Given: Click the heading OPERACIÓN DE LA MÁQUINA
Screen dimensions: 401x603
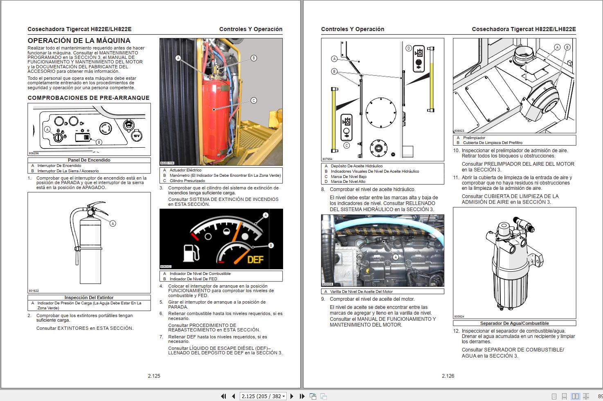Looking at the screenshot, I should (79, 41).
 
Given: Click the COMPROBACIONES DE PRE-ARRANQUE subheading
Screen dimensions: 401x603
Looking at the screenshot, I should (88, 98).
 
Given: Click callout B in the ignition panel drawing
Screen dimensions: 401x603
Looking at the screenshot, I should (99, 142).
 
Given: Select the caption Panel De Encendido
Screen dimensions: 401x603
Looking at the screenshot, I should (89, 160).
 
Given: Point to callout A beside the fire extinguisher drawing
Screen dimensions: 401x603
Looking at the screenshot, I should (113, 223).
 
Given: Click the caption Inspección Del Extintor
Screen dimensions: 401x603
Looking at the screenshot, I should (89, 297).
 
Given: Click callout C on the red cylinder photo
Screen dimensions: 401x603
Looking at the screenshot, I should (254, 101).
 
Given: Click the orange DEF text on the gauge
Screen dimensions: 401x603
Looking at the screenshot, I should (255, 259).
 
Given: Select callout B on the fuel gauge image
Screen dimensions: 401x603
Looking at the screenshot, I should (271, 246).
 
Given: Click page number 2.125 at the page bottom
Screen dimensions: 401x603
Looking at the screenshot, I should (154, 376).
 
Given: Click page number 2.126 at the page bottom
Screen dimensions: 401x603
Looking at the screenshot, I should (448, 376).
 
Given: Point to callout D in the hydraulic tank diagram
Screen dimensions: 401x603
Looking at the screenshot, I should (408, 48).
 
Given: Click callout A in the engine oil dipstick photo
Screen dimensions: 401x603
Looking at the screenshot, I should (396, 257).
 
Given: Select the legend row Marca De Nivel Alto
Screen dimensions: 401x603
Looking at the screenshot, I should (348, 182).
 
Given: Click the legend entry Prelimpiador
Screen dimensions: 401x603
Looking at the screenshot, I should (474, 138).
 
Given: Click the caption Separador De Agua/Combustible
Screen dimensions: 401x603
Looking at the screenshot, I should (514, 323).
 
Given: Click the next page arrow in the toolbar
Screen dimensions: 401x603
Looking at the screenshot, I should (292, 396).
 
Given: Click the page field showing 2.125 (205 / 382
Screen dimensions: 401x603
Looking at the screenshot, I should (262, 396).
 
